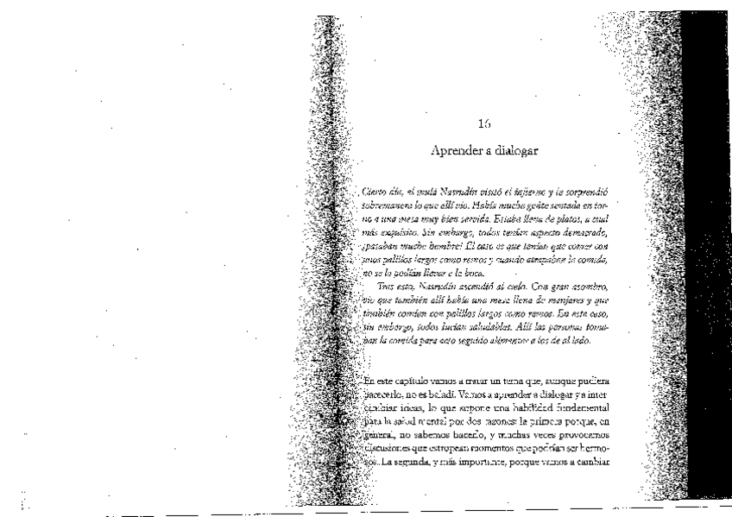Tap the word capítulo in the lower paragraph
point(417,381)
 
